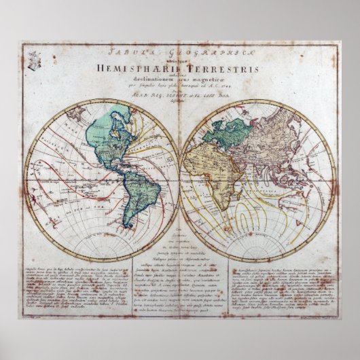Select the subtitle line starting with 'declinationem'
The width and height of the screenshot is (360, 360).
pyautogui.click(x=180, y=77)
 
